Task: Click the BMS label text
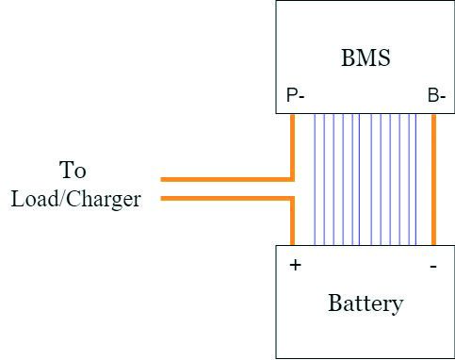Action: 366,57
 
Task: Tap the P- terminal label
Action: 296,95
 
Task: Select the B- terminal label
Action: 436,95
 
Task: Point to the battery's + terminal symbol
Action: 295,265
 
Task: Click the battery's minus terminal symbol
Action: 433,267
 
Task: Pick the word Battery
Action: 366,303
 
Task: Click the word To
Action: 73,170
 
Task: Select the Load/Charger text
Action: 75,199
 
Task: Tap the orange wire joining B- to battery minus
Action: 433,179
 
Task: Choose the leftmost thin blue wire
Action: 315,179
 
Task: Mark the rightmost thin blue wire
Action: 416,179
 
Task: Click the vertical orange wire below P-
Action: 292,147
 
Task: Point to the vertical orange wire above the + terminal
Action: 292,221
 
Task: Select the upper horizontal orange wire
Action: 228,179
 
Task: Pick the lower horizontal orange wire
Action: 228,199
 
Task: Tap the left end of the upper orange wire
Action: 161,179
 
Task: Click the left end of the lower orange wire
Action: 161,199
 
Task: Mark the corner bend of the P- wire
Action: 292,179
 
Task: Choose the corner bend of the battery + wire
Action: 292,199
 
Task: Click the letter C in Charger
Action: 73,198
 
